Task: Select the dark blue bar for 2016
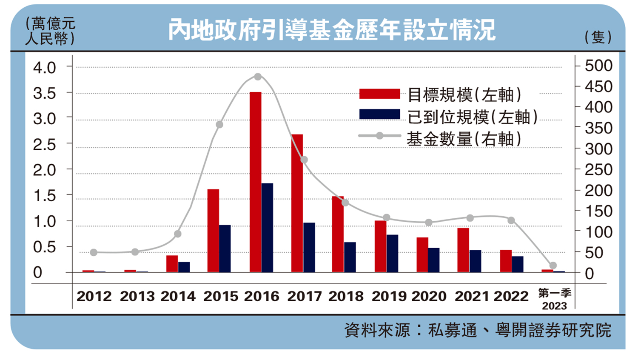coord(267,228)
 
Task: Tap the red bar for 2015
coord(213,231)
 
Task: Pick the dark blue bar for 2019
coord(392,253)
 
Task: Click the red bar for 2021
coord(463,250)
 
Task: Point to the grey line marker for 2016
coord(258,77)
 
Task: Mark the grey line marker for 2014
coord(178,234)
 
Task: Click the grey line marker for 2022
coord(511,220)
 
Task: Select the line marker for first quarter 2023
coord(553,266)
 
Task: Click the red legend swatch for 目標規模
coord(379,94)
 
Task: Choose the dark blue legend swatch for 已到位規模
coord(379,114)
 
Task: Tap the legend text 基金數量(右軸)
coord(464,139)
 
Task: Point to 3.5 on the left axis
coord(45,93)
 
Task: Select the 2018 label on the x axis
coord(346,296)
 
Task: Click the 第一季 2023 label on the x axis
coord(554,299)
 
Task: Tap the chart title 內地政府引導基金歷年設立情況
coord(332,30)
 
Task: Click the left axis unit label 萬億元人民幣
coord(50,31)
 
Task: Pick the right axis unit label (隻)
coord(598,37)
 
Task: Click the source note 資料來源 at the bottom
coord(478,330)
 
